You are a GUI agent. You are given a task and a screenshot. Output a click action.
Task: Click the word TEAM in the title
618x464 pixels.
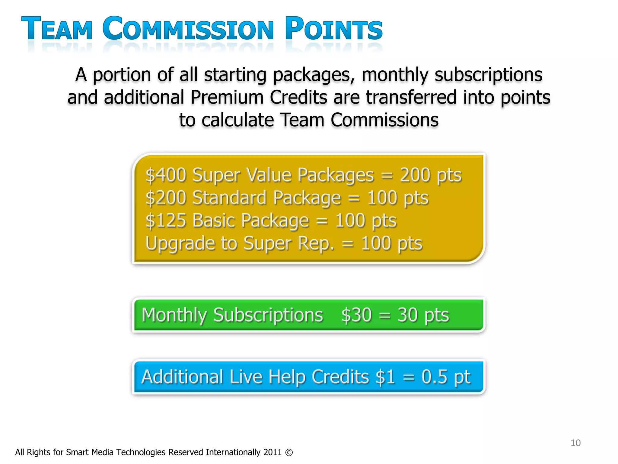point(57,29)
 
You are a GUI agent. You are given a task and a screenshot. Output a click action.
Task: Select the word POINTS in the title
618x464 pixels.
point(333,29)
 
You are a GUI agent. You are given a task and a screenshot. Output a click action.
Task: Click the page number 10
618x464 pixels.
point(575,443)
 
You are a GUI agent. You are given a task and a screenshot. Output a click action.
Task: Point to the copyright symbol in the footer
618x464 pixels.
point(289,453)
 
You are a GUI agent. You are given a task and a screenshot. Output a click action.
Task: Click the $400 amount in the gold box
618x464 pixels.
point(166,175)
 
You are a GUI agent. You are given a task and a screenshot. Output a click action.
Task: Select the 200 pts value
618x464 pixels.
point(431,175)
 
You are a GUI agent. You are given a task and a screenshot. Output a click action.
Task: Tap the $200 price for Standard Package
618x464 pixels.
point(166,198)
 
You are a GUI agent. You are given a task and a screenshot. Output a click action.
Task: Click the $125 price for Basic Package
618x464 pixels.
point(166,221)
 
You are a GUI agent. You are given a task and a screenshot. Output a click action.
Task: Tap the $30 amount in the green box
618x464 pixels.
point(356,315)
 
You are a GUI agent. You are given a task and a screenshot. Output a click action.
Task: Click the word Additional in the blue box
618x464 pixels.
point(182,377)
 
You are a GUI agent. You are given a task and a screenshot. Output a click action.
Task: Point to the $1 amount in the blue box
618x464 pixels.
point(385,377)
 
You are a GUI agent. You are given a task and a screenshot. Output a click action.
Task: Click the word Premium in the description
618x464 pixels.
point(227,98)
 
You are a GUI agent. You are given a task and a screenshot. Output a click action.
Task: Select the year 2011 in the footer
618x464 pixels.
point(272,453)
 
